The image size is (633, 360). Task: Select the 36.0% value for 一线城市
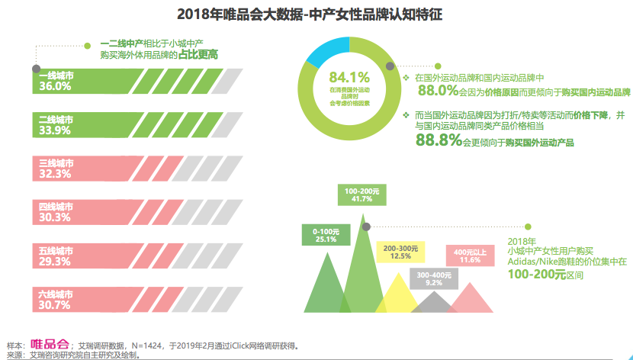[55, 87]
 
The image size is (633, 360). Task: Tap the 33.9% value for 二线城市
[55, 130]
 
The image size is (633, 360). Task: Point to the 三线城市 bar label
[56, 163]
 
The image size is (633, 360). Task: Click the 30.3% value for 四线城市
[55, 217]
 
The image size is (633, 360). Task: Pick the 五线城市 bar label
[56, 250]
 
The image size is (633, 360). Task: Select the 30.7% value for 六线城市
[55, 305]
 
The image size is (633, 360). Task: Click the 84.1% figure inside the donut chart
[349, 76]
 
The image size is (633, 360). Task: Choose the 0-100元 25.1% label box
[326, 234]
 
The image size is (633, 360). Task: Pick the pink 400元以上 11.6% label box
[470, 256]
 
